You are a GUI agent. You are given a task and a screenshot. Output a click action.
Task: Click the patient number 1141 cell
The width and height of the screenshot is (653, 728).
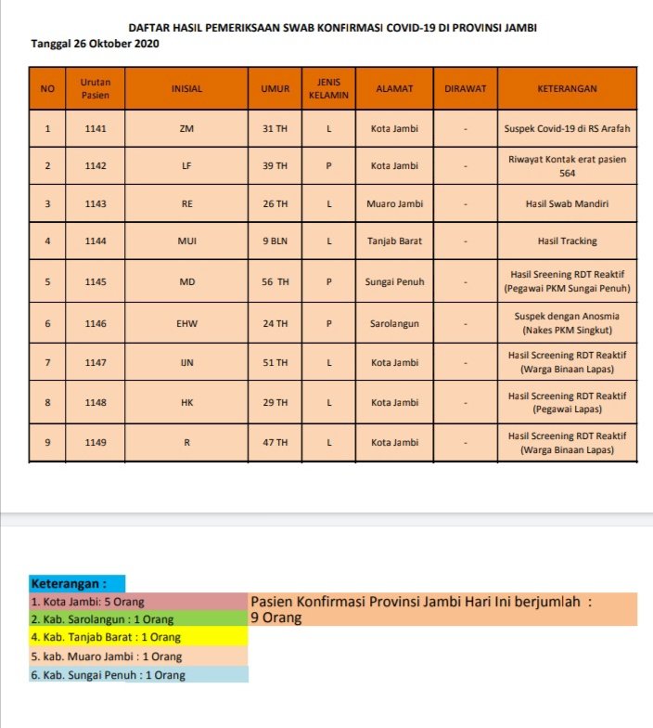95,128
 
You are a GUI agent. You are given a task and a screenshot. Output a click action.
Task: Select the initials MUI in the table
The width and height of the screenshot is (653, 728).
186,240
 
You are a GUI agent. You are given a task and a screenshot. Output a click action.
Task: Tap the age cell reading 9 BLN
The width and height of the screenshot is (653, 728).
275,240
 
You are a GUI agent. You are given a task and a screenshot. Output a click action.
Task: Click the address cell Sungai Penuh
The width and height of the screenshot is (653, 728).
394,281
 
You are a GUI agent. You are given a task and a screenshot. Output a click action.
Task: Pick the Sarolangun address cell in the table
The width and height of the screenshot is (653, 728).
394,323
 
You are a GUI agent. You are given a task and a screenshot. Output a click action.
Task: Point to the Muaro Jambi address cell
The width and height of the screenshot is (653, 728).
394,203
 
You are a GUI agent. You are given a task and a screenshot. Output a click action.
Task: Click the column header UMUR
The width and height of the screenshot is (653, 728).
275,89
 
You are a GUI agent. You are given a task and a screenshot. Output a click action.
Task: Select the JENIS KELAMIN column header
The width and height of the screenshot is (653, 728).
328,89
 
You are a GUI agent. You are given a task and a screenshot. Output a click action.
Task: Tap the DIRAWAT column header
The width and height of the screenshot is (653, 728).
465,89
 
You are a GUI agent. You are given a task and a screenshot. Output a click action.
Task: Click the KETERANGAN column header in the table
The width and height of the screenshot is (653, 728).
567,89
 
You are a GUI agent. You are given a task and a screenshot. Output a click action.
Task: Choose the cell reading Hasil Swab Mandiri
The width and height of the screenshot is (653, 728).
567,203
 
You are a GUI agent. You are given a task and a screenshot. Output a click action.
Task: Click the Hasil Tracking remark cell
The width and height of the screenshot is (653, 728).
567,240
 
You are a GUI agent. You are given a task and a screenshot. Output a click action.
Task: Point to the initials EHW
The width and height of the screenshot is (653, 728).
186,323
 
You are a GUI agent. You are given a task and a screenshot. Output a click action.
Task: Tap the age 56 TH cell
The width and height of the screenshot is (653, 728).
275,281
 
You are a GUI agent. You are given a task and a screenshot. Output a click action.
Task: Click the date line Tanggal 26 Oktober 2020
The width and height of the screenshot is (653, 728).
96,44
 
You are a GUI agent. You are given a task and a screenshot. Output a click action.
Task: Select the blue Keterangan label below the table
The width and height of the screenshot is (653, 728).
70,584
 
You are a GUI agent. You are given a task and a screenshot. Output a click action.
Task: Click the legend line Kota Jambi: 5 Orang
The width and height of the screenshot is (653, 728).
87,602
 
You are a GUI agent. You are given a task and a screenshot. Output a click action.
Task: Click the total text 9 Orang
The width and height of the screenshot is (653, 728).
276,617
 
